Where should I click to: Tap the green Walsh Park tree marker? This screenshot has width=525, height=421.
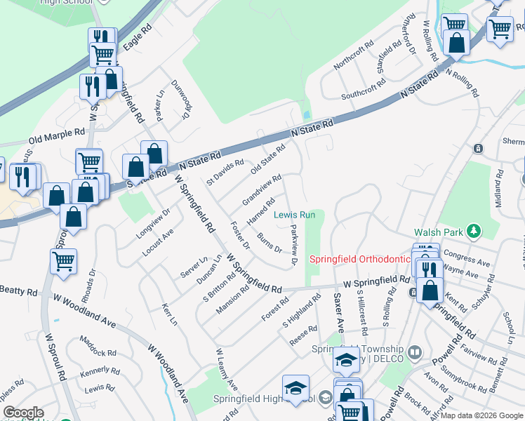[x=475, y=230]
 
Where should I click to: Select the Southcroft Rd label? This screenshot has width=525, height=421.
[x=363, y=88]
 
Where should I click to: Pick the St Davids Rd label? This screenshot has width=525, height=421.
[x=225, y=172]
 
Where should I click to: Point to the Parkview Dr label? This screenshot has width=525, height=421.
[x=295, y=246]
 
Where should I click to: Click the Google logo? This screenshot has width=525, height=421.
[x=23, y=413]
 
